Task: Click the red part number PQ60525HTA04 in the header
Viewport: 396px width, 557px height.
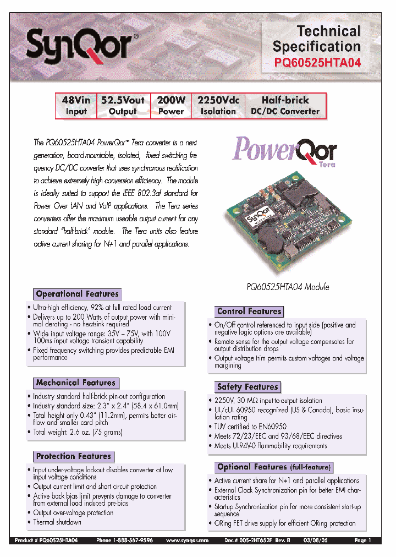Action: tap(317, 63)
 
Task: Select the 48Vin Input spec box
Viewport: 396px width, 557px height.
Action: tap(76, 106)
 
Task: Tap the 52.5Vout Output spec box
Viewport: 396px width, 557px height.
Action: tap(123, 106)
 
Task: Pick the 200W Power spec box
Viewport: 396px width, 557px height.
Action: tap(170, 106)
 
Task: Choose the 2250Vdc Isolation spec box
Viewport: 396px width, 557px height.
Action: tap(218, 106)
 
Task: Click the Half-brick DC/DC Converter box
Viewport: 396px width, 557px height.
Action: tap(285, 106)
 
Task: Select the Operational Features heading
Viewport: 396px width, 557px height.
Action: tap(77, 294)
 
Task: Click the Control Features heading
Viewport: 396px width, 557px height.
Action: tap(249, 311)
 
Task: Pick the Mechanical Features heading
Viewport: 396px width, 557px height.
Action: tap(75, 383)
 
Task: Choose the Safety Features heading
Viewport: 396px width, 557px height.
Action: tap(247, 387)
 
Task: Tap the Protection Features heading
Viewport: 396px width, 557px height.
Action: tap(73, 456)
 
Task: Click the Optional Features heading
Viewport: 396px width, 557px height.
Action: tap(274, 467)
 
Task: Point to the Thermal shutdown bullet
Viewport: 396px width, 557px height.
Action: tap(57, 522)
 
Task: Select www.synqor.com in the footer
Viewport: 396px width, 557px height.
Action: tap(187, 541)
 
